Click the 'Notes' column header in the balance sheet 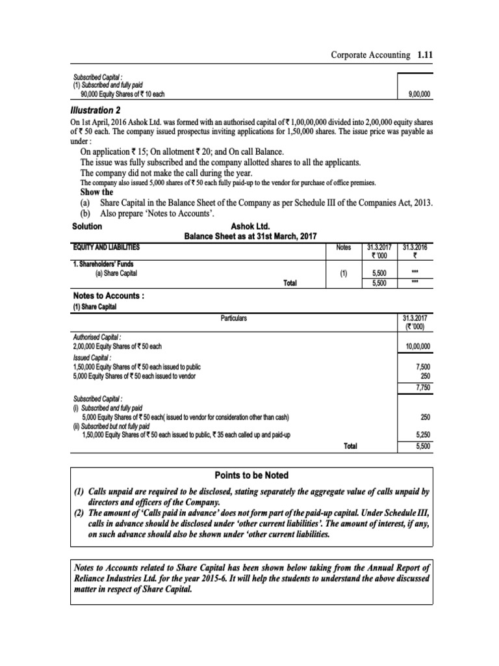click(x=343, y=247)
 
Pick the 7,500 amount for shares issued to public click(x=423, y=367)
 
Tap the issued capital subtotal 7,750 click(x=423, y=388)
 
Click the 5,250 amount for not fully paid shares click(x=423, y=434)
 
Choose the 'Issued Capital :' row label click(x=92, y=358)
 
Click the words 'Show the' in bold click(x=96, y=192)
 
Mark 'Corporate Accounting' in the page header click(x=368, y=57)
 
